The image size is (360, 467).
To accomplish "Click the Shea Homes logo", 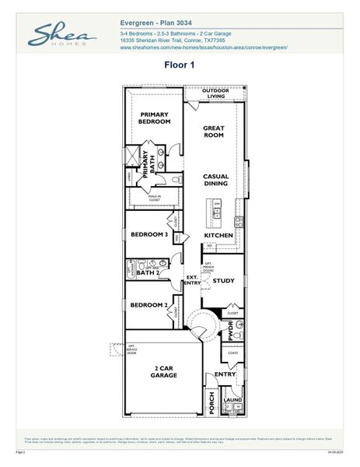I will point(63,36).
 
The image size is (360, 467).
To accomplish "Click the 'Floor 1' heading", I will point(179,65).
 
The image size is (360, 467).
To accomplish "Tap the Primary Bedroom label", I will point(155,118).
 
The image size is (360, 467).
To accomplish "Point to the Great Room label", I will point(214,131).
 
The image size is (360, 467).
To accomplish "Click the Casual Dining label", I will point(215,180).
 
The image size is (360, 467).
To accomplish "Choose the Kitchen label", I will point(218,235).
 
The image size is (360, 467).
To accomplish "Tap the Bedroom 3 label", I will point(149,234).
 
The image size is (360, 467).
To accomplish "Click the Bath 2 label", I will point(148,273).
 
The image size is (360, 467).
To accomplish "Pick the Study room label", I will point(223,280).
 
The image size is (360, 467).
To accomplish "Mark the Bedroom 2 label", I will point(149,305).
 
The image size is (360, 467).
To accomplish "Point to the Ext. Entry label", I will point(191,279).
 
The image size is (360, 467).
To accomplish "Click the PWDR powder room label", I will point(231,330).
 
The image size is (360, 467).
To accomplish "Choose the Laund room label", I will point(232,400).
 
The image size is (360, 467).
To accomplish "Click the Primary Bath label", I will point(148,164).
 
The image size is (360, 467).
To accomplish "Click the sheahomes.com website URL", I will point(204,47).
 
